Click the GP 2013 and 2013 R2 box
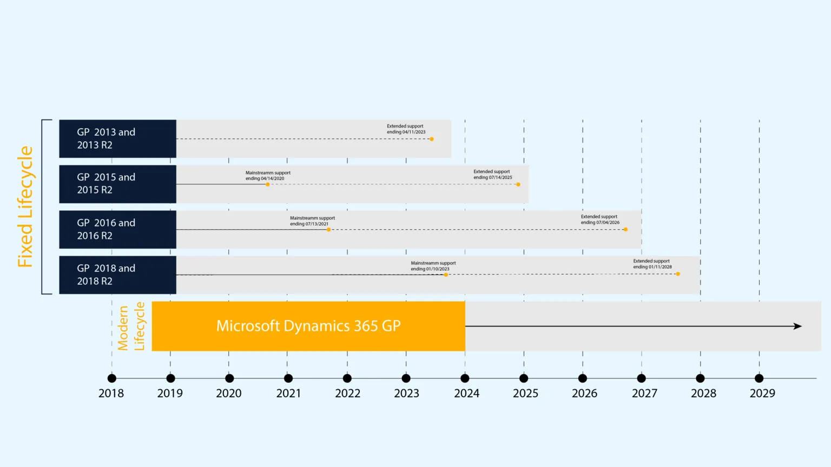pyautogui.click(x=117, y=139)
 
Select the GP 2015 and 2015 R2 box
pyautogui.click(x=117, y=184)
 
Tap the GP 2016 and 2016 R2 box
pyautogui.click(x=117, y=229)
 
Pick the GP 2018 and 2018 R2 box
pyautogui.click(x=117, y=275)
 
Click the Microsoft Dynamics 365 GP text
pyautogui.click(x=308, y=326)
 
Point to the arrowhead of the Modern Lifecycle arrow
pyautogui.click(x=798, y=326)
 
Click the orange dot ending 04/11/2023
pyautogui.click(x=432, y=139)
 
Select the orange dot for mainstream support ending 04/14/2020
pyautogui.click(x=268, y=184)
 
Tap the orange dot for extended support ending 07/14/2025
pyautogui.click(x=518, y=184)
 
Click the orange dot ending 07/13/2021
pyautogui.click(x=329, y=230)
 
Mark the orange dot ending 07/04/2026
pyautogui.click(x=625, y=229)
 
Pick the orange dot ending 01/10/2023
pyautogui.click(x=446, y=275)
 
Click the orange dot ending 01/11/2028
pyautogui.click(x=678, y=274)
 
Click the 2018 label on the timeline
pyautogui.click(x=111, y=393)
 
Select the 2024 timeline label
pyautogui.click(x=466, y=393)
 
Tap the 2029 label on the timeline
pyautogui.click(x=762, y=393)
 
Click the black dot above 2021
pyautogui.click(x=288, y=378)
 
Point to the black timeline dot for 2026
pyautogui.click(x=583, y=378)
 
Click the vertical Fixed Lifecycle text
pyautogui.click(x=25, y=207)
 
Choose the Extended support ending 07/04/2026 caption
pyautogui.click(x=600, y=219)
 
